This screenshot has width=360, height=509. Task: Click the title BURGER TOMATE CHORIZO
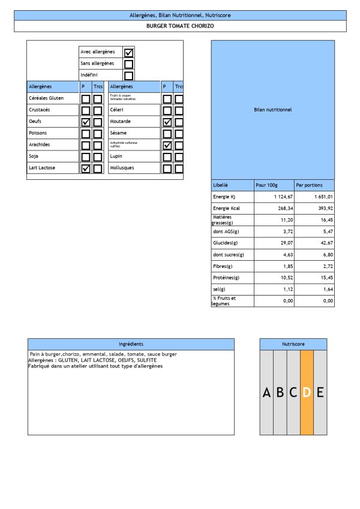click(180, 26)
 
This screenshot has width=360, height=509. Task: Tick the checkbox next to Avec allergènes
click(128, 52)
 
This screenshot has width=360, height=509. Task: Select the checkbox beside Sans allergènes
click(128, 64)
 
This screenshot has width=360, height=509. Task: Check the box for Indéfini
click(128, 76)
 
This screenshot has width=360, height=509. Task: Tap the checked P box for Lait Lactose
click(86, 168)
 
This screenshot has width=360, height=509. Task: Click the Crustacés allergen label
click(40, 110)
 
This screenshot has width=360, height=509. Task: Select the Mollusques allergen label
click(122, 168)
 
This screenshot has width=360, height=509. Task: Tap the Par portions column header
click(309, 185)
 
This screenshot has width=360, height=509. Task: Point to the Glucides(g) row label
click(224, 243)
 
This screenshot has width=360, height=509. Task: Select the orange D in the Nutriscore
click(307, 393)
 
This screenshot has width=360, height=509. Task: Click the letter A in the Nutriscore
click(266, 393)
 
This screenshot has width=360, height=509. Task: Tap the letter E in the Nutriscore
click(320, 393)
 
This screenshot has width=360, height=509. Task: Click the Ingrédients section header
click(131, 344)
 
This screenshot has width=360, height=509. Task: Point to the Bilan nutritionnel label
click(273, 110)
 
